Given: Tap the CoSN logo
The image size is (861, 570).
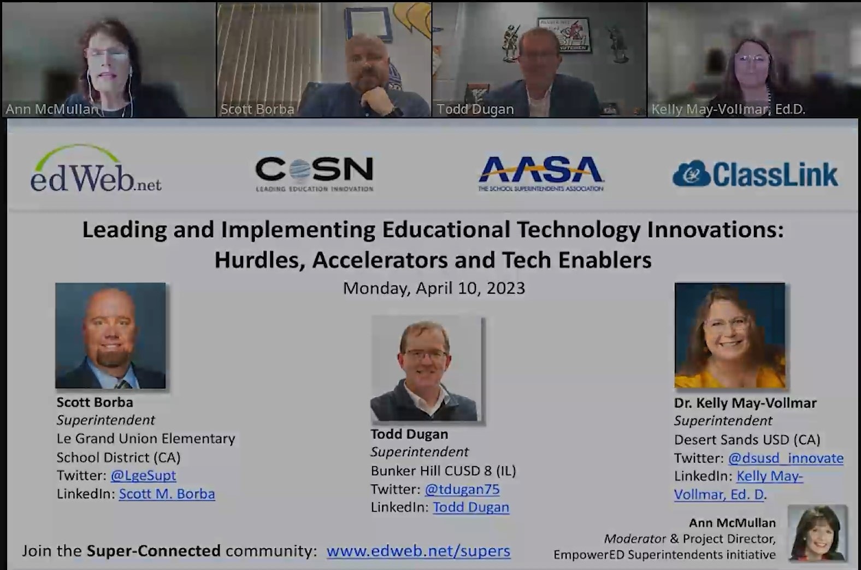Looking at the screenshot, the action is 315,173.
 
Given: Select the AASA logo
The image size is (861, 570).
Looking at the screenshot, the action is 541,173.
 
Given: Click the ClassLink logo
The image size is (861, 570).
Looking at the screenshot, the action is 756,174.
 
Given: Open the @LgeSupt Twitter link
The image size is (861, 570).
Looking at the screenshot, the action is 143,476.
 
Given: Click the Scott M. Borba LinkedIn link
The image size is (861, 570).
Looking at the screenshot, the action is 167,494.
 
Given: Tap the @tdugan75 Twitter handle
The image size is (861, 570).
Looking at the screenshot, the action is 462,489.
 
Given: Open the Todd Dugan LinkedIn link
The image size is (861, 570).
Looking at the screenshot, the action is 471,507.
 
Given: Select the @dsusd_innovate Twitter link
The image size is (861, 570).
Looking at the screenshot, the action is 786,458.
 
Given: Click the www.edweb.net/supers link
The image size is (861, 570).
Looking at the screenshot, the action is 418,551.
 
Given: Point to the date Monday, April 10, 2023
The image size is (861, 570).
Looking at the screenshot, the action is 434,288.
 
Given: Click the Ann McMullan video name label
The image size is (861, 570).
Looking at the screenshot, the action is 52,109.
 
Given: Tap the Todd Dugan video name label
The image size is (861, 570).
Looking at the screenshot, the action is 475,109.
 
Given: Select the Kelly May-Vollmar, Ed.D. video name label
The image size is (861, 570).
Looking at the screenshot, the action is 728,110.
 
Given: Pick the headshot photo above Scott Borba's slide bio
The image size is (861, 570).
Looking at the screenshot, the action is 110,336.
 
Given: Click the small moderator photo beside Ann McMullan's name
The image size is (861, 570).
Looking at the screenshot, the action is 817,533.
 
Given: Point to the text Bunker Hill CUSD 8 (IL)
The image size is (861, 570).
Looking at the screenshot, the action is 443,471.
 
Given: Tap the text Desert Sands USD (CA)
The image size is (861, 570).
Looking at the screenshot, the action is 747,439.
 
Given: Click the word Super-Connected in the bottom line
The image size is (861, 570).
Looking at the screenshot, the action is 154,551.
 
